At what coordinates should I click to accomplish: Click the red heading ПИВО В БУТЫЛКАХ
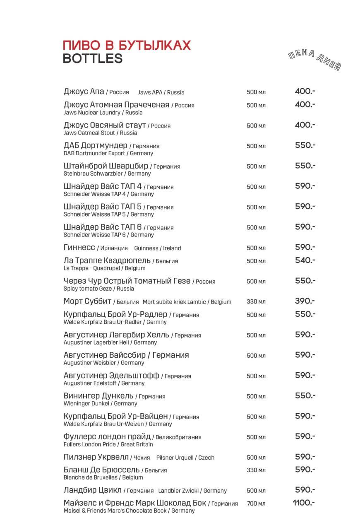click(x=127, y=45)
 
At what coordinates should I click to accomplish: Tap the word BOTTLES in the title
click(x=93, y=59)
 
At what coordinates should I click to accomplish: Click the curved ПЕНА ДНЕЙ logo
click(x=314, y=60)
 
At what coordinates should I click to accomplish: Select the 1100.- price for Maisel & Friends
click(x=304, y=503)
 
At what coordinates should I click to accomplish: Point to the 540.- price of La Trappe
click(x=305, y=260)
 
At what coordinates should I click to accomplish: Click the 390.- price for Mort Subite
click(x=305, y=301)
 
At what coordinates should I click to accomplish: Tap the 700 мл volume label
click(x=256, y=503)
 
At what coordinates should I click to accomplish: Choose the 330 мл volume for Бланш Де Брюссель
click(x=256, y=470)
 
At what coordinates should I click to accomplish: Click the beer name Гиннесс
click(x=79, y=248)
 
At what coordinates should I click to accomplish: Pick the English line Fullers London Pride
click(x=108, y=444)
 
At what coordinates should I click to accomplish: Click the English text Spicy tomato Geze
click(x=98, y=289)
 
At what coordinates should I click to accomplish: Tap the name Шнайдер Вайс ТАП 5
click(x=103, y=207)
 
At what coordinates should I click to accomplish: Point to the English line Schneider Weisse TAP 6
click(x=108, y=235)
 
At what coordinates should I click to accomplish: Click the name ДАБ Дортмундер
click(x=96, y=146)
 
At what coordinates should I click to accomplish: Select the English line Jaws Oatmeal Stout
click(x=100, y=133)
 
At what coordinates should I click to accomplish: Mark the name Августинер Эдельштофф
click(x=111, y=376)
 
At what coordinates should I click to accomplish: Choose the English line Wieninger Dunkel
click(x=100, y=403)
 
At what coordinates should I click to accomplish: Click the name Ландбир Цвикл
click(x=93, y=490)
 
